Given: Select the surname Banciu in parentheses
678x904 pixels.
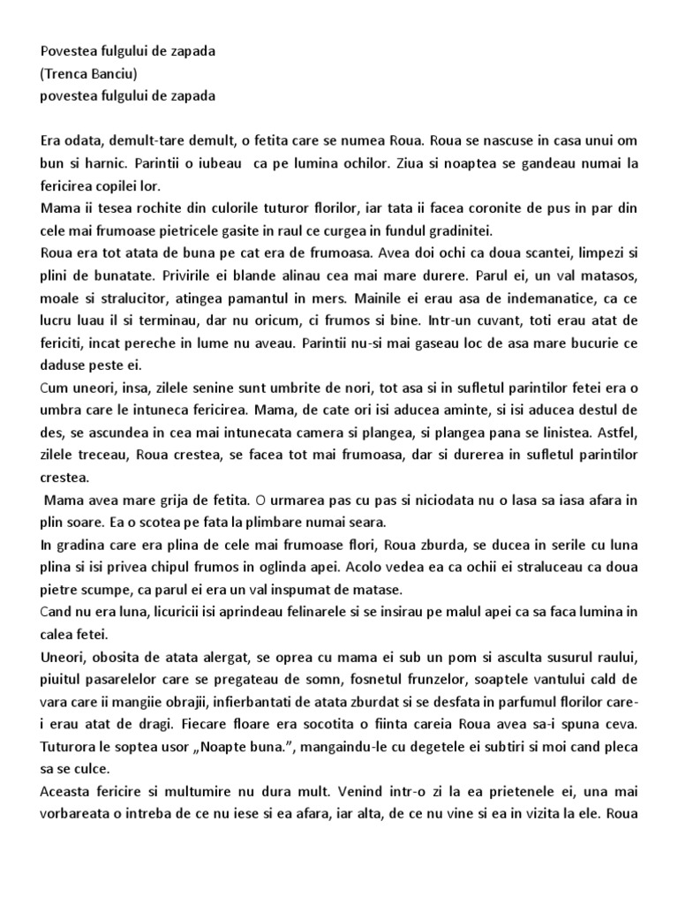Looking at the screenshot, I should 117,73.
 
